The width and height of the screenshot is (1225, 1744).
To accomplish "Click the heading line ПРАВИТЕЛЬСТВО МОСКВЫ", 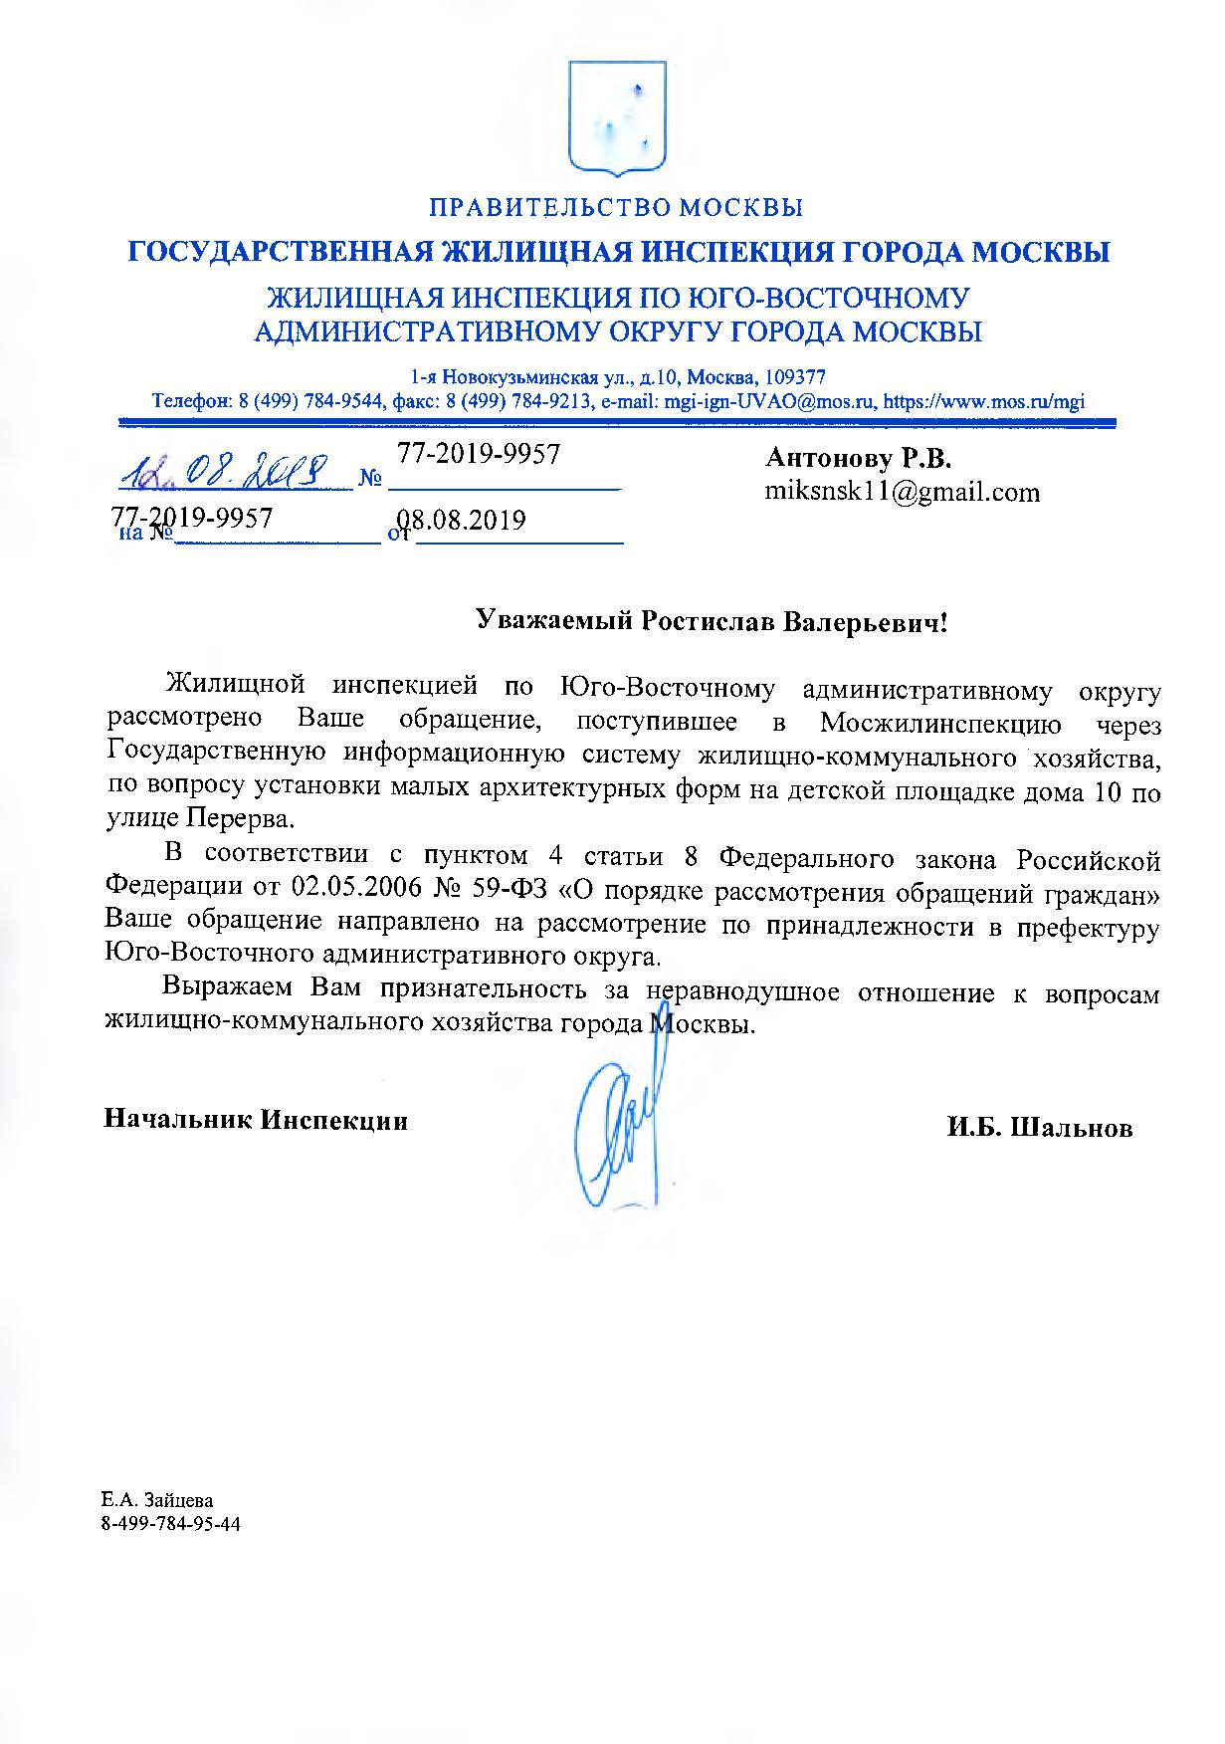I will point(616,208).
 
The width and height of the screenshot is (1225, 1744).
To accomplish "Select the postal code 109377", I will point(792,378).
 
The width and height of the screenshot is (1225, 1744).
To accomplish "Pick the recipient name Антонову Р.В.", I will point(858,458).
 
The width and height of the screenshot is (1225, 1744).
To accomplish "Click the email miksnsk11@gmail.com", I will point(902,492).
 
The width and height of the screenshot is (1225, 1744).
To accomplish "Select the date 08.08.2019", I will point(463,521).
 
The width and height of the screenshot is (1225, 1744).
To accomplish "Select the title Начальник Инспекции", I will point(256,1120).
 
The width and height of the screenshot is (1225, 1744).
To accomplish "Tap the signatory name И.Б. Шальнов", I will point(1040,1128).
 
